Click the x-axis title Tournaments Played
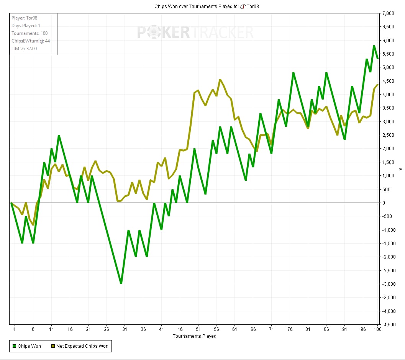click(194, 336)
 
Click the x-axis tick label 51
click(198, 329)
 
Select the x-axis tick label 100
click(377, 329)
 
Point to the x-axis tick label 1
click(15, 329)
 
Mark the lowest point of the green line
click(121, 284)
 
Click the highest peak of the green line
click(374, 46)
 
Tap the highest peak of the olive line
click(220, 80)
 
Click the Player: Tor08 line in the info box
click(24, 18)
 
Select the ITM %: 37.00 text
click(24, 49)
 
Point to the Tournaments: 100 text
click(30, 33)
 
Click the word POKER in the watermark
click(163, 33)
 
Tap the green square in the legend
click(14, 346)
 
